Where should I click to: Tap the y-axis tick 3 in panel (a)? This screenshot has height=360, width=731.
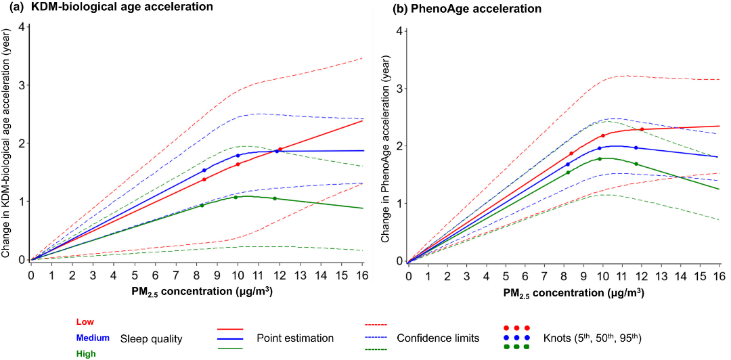[x=22, y=85]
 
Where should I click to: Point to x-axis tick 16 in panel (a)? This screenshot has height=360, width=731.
[x=363, y=275]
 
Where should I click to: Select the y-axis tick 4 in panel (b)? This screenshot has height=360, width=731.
[x=400, y=31]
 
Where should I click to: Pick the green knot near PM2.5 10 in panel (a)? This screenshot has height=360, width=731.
[x=236, y=197]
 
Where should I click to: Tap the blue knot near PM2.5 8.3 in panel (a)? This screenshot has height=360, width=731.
[x=204, y=171]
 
